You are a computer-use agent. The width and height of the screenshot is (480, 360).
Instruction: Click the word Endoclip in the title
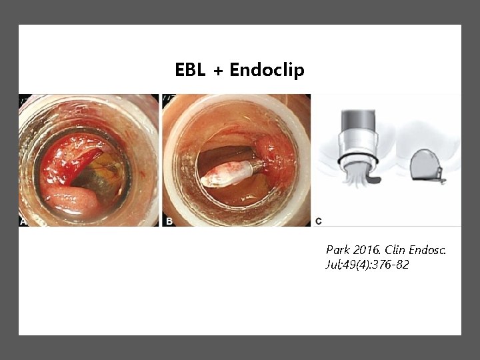[267, 70]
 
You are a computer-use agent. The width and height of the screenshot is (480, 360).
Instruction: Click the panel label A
[25, 220]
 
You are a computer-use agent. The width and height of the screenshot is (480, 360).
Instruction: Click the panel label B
[169, 220]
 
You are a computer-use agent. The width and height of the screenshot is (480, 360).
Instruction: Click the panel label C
[318, 220]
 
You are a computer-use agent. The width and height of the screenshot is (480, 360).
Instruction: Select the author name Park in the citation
[337, 250]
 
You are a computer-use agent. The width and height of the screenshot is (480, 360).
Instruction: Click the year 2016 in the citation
[366, 250]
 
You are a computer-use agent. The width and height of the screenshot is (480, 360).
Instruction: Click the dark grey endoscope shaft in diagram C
[358, 120]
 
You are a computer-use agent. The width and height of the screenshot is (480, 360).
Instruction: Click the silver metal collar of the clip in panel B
[248, 168]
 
